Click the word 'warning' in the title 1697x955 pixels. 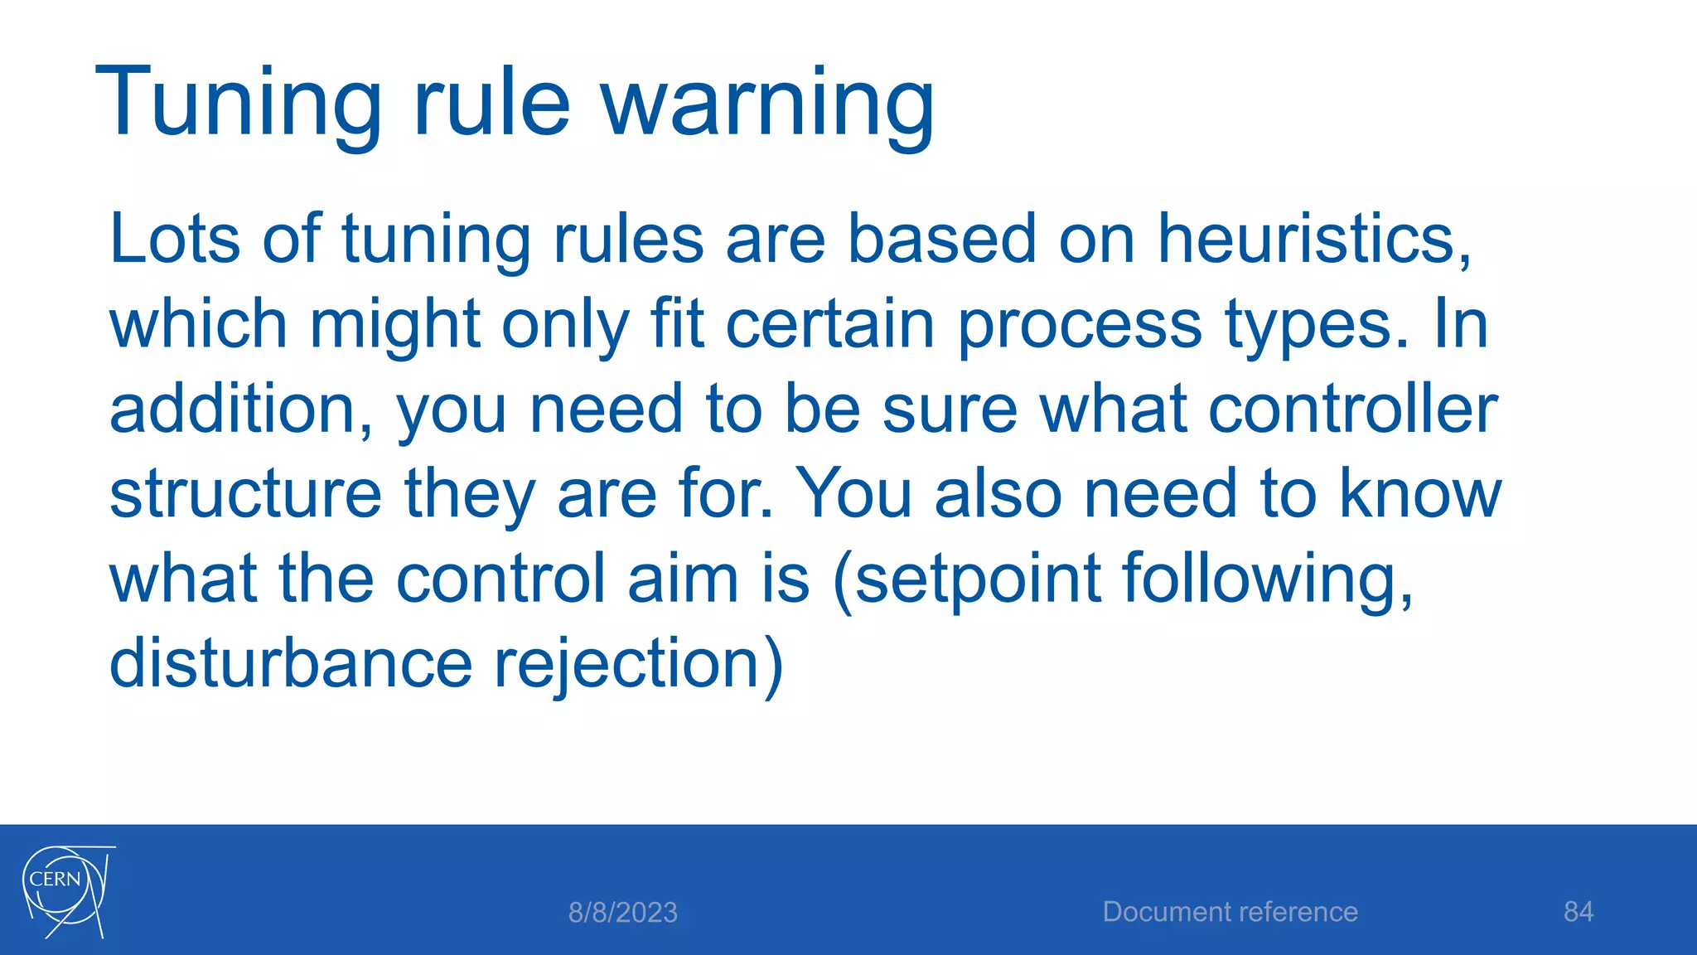click(x=767, y=103)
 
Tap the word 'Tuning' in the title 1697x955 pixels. click(x=239, y=103)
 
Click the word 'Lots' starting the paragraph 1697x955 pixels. click(x=175, y=240)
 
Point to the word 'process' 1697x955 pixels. click(x=1079, y=325)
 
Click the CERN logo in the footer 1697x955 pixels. click(x=67, y=891)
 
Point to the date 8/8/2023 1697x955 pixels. click(x=623, y=913)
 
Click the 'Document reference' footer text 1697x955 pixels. click(x=1230, y=912)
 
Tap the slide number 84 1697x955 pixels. click(x=1579, y=912)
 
